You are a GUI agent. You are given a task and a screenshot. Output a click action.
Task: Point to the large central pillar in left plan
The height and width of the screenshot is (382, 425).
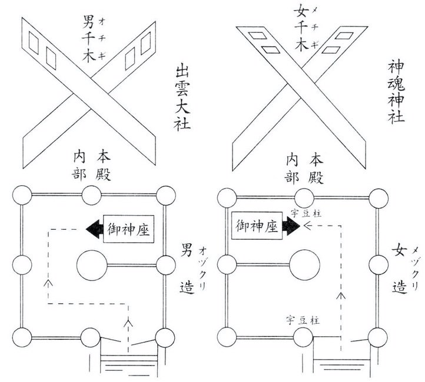[x=92, y=265]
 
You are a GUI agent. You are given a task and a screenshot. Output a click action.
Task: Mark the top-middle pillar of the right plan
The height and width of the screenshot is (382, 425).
[x=304, y=195]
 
